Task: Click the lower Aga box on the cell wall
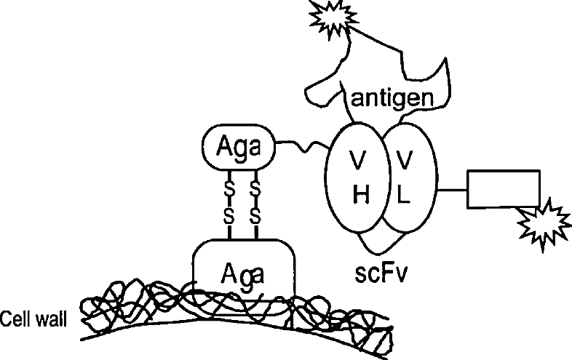pyautogui.click(x=241, y=273)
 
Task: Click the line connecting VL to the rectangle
pyautogui.click(x=452, y=191)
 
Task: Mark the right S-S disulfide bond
pyautogui.click(x=255, y=201)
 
